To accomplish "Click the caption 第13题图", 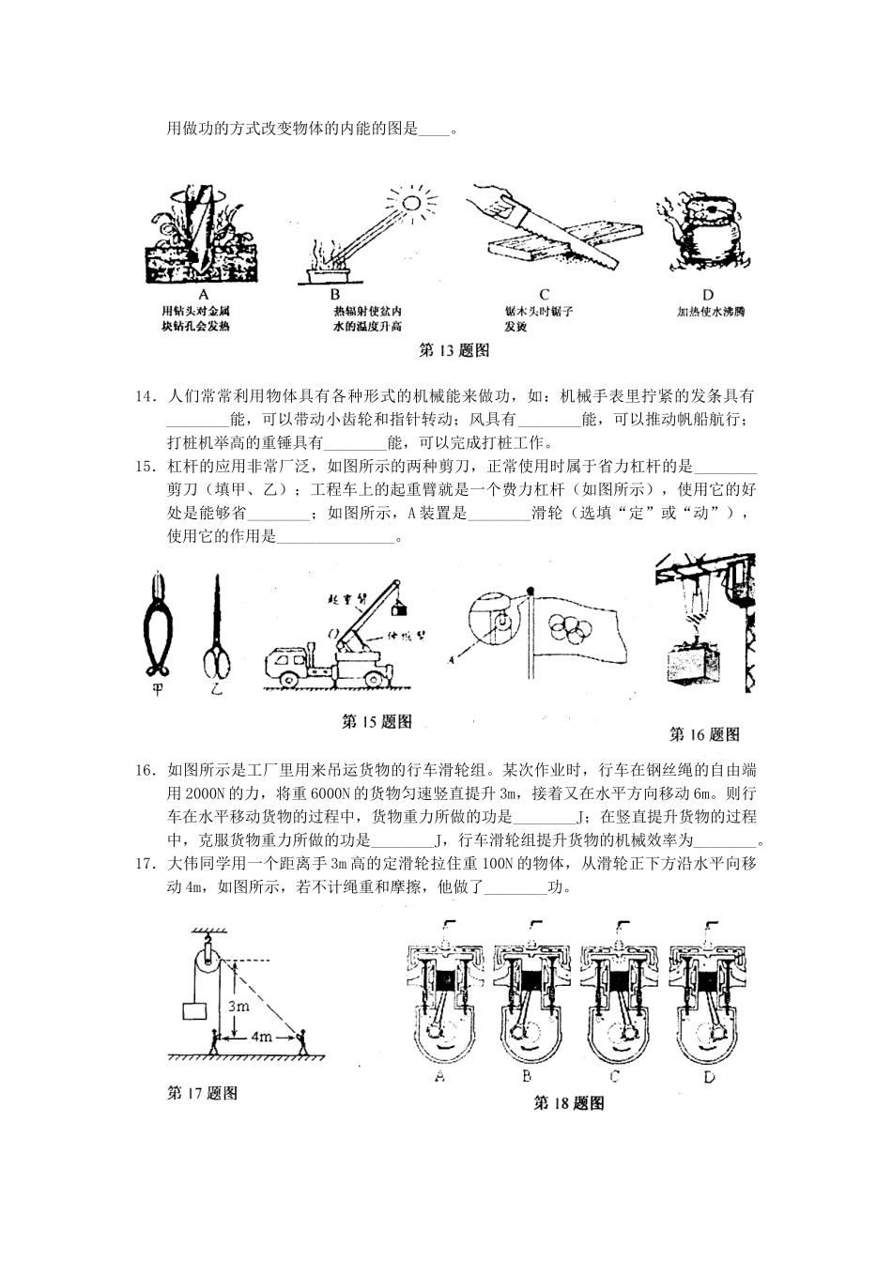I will (x=454, y=350).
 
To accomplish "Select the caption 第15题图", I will (x=377, y=721).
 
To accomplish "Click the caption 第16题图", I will (x=704, y=734).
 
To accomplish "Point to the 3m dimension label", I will (x=239, y=1007).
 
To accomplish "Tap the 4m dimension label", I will (x=260, y=1038).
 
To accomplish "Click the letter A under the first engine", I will (x=439, y=1077).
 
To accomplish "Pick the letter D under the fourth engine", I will (x=709, y=1077).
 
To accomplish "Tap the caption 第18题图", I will (x=568, y=1103).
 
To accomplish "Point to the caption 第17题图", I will (x=201, y=1092).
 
